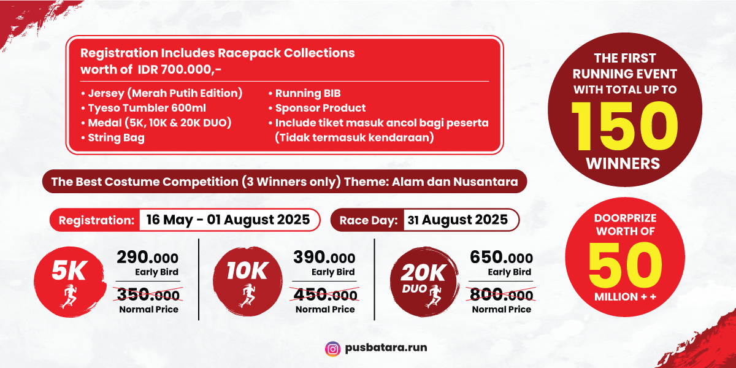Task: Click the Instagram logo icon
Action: tap(332, 349)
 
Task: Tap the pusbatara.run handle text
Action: tap(386, 348)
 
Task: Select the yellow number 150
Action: tap(624, 126)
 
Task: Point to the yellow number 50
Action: tap(625, 266)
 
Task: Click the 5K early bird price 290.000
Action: tap(148, 258)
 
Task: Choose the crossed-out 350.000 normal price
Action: tap(148, 294)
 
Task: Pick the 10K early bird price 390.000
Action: tap(324, 258)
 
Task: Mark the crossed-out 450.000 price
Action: tap(324, 294)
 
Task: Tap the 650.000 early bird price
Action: tap(502, 258)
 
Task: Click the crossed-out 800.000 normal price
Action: tap(501, 294)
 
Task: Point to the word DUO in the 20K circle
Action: tap(415, 289)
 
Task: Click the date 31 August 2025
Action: tap(458, 220)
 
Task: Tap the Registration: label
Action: tap(96, 220)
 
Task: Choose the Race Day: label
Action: tap(369, 220)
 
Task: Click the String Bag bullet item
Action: tap(113, 137)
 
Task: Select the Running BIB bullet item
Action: tap(305, 93)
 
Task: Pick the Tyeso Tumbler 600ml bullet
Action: tap(144, 108)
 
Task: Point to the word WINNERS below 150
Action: tap(623, 163)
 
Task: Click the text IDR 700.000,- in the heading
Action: tap(179, 70)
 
